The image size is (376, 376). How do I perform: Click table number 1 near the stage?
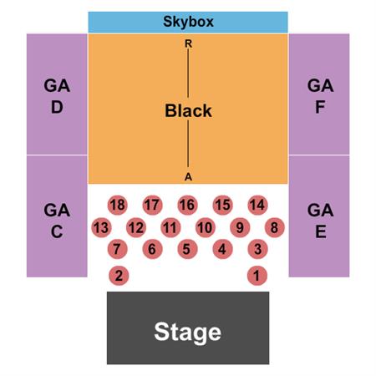pyautogui.click(x=257, y=276)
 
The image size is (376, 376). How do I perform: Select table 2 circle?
pyautogui.click(x=119, y=276)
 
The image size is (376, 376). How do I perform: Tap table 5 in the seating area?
pyautogui.click(x=187, y=249)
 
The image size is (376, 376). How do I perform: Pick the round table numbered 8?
pyautogui.click(x=275, y=227)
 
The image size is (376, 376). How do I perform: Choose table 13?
pyautogui.click(x=101, y=227)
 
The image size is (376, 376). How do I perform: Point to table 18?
pyautogui.click(x=118, y=205)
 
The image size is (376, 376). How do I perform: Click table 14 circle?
pyautogui.click(x=257, y=205)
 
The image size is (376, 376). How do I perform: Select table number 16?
pyautogui.click(x=187, y=205)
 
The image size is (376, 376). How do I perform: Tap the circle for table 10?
pyautogui.click(x=206, y=227)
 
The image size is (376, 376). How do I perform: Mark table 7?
pyautogui.click(x=118, y=249)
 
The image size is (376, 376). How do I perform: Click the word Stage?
pyautogui.click(x=187, y=332)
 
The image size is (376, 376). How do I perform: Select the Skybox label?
pyautogui.click(x=188, y=22)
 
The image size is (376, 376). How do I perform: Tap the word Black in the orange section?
pyautogui.click(x=188, y=110)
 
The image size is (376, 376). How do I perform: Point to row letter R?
pyautogui.click(x=189, y=43)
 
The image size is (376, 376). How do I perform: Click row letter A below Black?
pyautogui.click(x=188, y=176)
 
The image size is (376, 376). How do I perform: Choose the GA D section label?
pyautogui.click(x=57, y=96)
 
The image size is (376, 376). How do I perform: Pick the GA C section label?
pyautogui.click(x=57, y=221)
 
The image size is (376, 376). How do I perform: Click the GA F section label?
pyautogui.click(x=320, y=96)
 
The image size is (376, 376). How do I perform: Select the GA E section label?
pyautogui.click(x=320, y=221)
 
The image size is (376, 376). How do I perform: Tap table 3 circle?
pyautogui.click(x=257, y=249)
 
